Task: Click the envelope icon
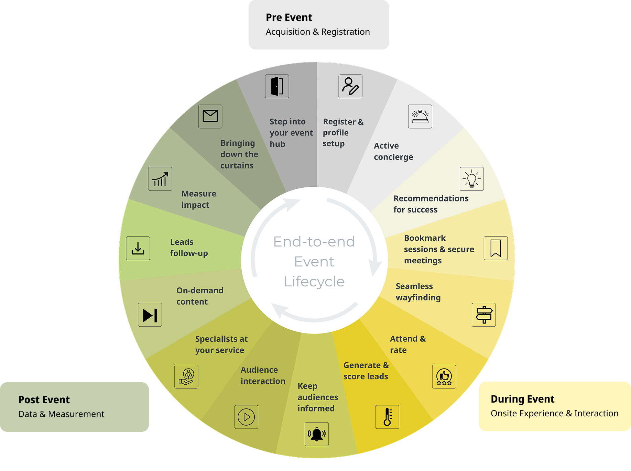(x=210, y=116)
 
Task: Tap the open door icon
(x=277, y=86)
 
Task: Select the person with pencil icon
(x=350, y=86)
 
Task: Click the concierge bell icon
(x=420, y=116)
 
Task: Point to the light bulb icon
(x=471, y=179)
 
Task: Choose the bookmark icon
(x=496, y=248)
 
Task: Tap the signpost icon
(x=483, y=315)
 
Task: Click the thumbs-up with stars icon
(x=444, y=376)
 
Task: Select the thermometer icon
(x=387, y=417)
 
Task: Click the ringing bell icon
(x=316, y=434)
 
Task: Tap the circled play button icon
(x=246, y=417)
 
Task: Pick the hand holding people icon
(x=186, y=376)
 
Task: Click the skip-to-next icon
(x=150, y=315)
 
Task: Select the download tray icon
(x=138, y=248)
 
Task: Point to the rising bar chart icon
(x=160, y=179)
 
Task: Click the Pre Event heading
(x=289, y=18)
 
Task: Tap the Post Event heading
(x=44, y=400)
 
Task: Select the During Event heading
(x=522, y=399)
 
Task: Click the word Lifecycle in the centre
(x=314, y=282)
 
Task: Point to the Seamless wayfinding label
(x=418, y=292)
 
